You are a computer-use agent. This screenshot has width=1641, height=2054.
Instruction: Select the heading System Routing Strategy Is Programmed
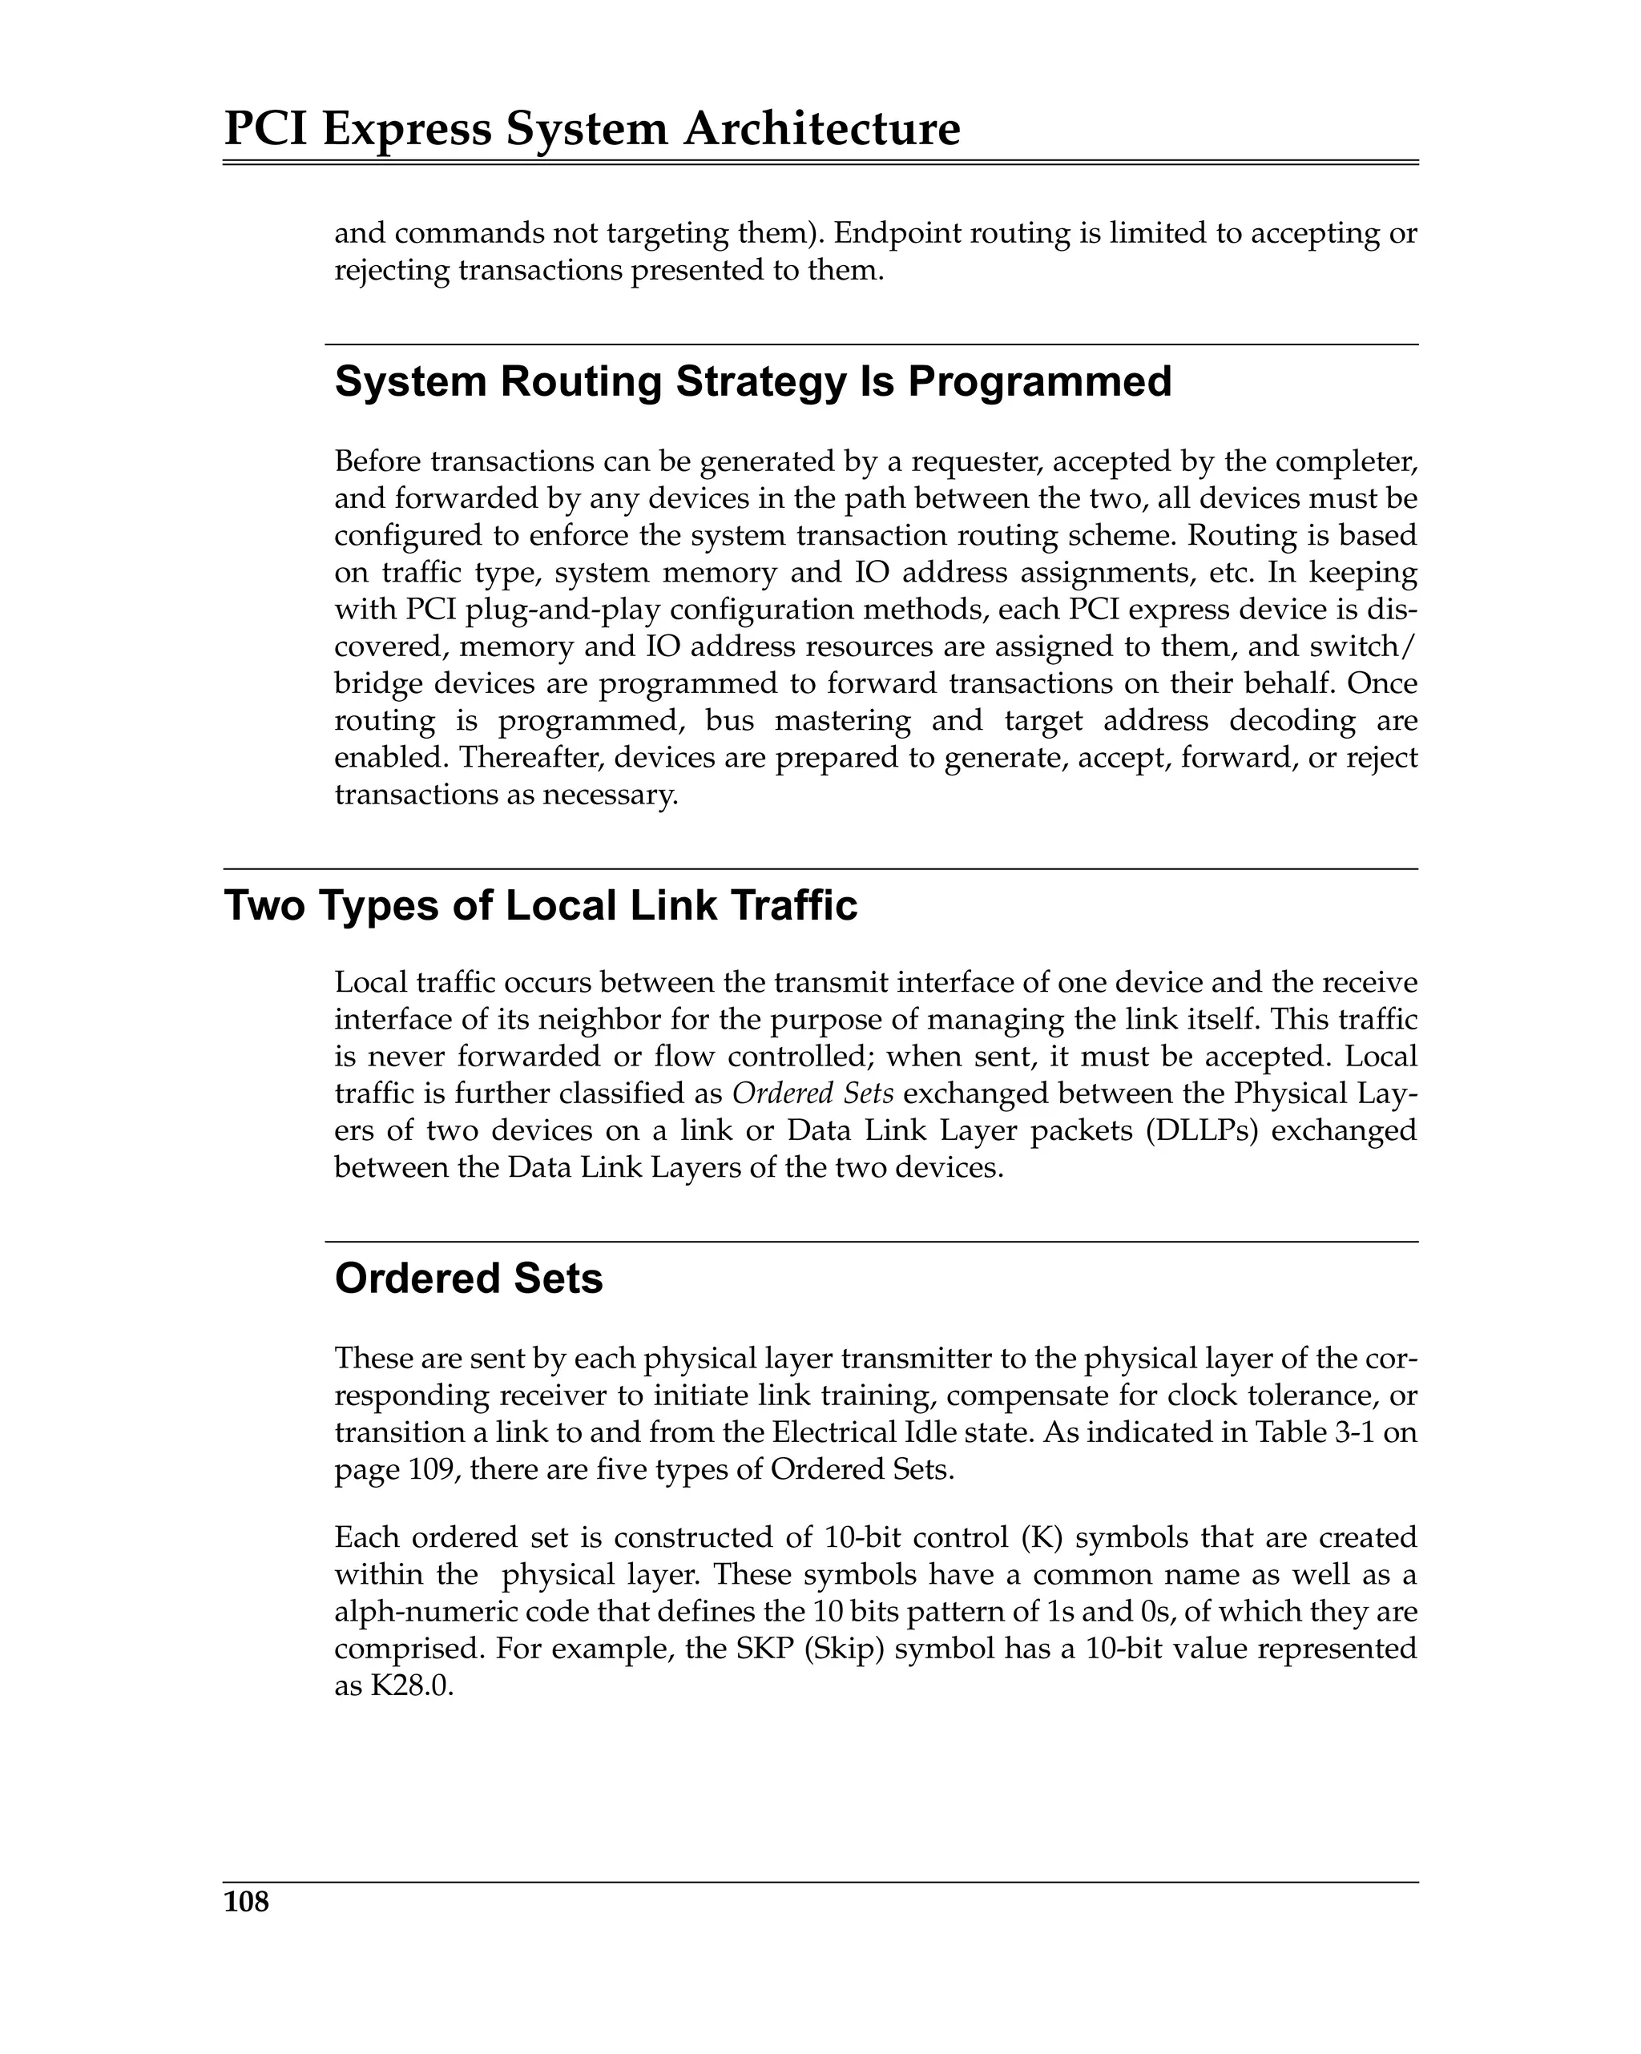(753, 381)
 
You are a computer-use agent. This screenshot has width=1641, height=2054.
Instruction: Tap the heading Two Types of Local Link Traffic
(540, 905)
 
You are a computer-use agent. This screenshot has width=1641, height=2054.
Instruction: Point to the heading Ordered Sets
(468, 1279)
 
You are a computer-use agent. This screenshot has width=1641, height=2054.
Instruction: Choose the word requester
(972, 461)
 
